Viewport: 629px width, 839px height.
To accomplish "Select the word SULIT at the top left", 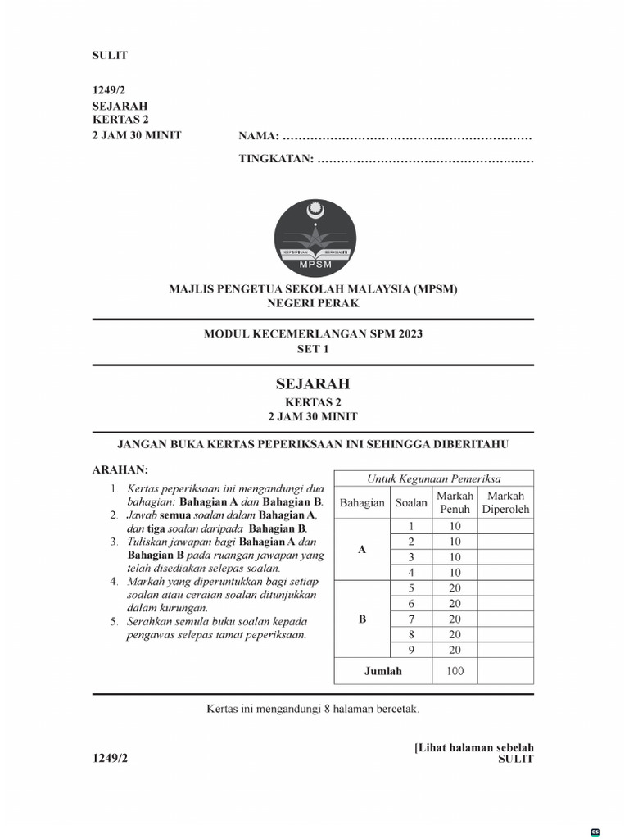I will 109,56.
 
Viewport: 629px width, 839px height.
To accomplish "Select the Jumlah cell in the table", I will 382,671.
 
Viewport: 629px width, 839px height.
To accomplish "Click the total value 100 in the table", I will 455,671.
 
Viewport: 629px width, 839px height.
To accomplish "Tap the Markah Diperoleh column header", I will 505,502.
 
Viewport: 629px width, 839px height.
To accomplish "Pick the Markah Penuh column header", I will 455,502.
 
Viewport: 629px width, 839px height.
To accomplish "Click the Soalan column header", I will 412,502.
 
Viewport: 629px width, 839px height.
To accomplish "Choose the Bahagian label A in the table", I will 362,550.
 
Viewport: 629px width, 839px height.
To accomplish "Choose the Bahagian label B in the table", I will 362,619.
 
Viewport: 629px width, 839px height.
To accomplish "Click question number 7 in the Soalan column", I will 412,619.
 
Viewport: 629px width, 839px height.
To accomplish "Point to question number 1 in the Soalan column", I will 412,526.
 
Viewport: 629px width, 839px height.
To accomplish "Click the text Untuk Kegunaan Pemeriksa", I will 433,479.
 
